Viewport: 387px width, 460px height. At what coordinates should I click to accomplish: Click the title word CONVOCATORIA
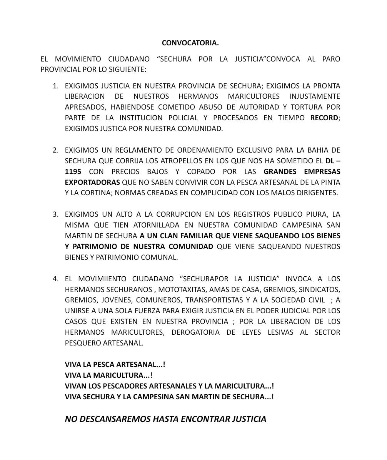(x=190, y=43)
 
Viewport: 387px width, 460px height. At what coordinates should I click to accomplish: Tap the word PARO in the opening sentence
(x=331, y=59)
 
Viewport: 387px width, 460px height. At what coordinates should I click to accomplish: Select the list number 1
(x=55, y=86)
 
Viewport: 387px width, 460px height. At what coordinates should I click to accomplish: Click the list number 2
(x=55, y=150)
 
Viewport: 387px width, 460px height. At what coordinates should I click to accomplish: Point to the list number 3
(x=55, y=214)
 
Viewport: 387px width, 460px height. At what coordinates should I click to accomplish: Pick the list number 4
(x=55, y=279)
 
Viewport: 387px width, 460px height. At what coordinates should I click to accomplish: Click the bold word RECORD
(x=324, y=118)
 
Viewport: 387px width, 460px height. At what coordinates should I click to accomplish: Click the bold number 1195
(x=73, y=171)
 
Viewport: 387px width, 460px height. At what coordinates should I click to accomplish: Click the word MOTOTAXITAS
(x=182, y=289)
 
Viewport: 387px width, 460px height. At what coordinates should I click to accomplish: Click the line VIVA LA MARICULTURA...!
(x=108, y=375)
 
